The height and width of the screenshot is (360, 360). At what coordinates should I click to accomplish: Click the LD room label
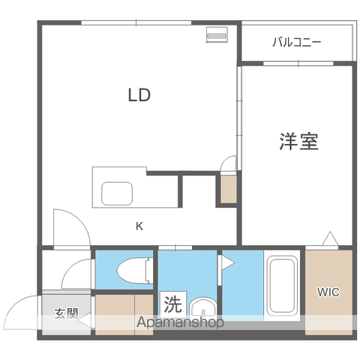click(x=139, y=95)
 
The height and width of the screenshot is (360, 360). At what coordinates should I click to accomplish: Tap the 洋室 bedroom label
click(x=298, y=141)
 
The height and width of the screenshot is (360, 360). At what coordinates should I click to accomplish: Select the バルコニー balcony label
click(x=296, y=42)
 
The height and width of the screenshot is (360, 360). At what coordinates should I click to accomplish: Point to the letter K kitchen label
click(x=139, y=226)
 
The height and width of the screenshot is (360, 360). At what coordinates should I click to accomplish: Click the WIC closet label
click(x=328, y=292)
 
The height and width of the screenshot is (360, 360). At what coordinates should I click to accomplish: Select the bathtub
click(x=281, y=286)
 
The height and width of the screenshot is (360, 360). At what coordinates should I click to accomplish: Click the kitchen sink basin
click(x=117, y=193)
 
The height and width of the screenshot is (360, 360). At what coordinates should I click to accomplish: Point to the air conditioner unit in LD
click(x=217, y=34)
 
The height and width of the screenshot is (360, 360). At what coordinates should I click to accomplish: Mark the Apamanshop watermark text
click(x=180, y=322)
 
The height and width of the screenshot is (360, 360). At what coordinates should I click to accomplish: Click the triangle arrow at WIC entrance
click(x=330, y=239)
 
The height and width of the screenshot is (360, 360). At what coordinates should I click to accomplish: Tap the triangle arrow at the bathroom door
click(x=228, y=263)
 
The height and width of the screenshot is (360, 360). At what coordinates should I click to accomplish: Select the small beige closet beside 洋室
click(x=228, y=189)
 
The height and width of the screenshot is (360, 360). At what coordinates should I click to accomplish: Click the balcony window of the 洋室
click(x=298, y=64)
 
